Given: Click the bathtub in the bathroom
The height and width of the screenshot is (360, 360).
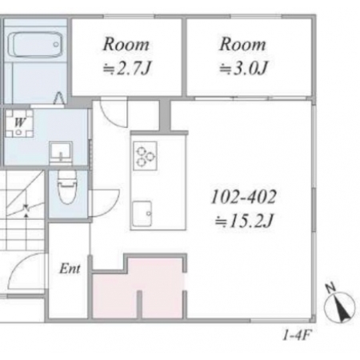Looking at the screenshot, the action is tap(36, 45).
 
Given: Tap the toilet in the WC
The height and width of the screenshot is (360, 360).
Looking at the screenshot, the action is tap(67, 186).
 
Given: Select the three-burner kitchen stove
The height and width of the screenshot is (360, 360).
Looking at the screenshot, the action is tap(145, 156).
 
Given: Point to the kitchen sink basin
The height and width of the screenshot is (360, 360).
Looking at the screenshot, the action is tap(142, 214).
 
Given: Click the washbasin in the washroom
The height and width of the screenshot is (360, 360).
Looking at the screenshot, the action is tap(61, 153).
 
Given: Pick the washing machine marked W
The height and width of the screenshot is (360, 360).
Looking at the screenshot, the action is tap(19, 123).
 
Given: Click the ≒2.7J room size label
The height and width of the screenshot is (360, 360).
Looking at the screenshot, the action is tap(127, 69).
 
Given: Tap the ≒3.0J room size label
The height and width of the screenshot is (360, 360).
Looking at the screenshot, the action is tap(243, 68).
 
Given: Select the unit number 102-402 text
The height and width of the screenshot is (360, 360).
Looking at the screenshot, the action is tap(243, 197).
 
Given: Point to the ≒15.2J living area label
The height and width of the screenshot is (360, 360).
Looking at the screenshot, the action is tap(244, 221).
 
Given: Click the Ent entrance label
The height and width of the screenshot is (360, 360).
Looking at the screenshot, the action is tap(70, 268).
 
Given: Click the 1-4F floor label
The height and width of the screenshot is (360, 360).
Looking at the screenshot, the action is tap(297, 335).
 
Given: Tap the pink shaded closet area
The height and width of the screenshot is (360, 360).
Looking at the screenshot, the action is tap(138, 288).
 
